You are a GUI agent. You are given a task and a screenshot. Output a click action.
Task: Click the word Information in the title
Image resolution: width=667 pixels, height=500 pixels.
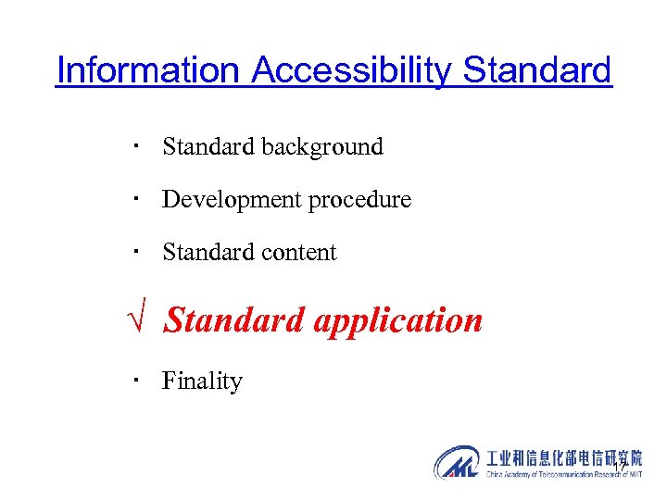(x=148, y=70)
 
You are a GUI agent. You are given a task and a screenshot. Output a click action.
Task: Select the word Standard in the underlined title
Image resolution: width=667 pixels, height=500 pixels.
(x=537, y=70)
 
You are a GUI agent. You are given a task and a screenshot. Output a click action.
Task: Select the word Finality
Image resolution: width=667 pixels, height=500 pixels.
(x=202, y=381)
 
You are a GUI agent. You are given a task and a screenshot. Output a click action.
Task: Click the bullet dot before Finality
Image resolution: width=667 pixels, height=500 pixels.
(x=135, y=380)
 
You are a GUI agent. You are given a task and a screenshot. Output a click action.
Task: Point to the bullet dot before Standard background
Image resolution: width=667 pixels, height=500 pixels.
(x=135, y=145)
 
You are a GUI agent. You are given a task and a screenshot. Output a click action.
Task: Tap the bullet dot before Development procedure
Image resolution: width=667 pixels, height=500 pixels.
(x=135, y=198)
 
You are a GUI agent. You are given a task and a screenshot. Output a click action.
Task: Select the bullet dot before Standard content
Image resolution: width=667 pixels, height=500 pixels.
(x=135, y=251)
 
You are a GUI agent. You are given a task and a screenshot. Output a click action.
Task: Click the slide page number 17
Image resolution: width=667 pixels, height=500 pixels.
(x=620, y=462)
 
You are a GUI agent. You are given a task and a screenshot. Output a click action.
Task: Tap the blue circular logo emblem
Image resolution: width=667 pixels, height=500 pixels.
(x=458, y=462)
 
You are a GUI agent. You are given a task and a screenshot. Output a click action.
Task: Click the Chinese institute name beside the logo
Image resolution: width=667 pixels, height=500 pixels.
(x=564, y=458)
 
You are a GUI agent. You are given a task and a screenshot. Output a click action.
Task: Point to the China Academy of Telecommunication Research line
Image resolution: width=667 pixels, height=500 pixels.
(x=564, y=474)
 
